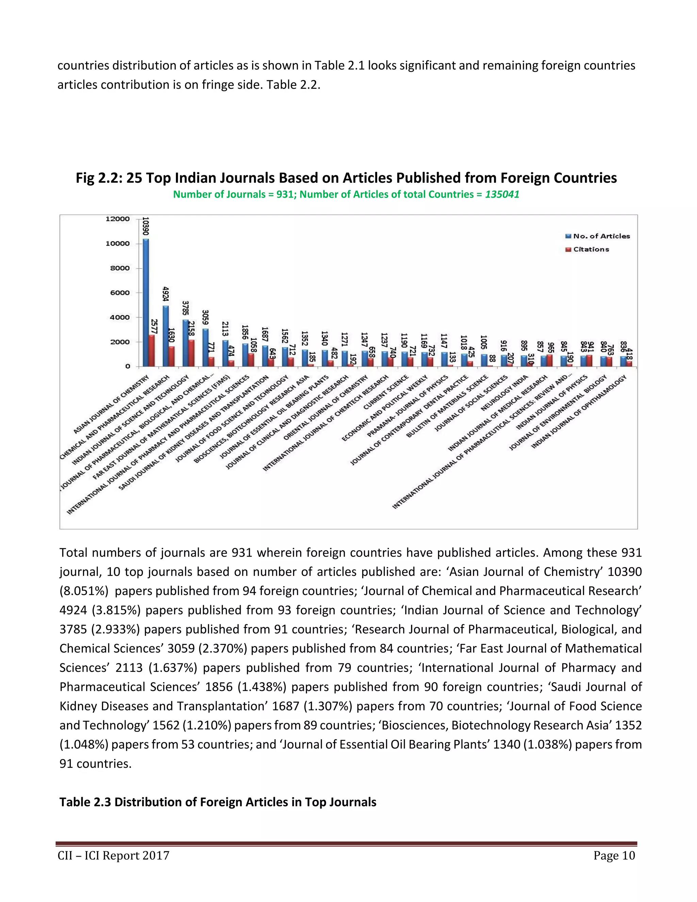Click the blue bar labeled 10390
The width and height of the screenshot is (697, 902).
coord(146,302)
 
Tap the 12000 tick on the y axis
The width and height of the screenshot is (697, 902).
coord(118,219)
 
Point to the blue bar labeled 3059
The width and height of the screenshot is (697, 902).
coord(205,347)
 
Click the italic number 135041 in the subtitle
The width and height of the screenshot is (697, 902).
coord(502,194)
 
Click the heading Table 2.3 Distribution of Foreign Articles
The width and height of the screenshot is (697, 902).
coord(217,802)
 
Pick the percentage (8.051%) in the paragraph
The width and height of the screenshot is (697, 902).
coord(84,591)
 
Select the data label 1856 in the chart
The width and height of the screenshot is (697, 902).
coord(245,333)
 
